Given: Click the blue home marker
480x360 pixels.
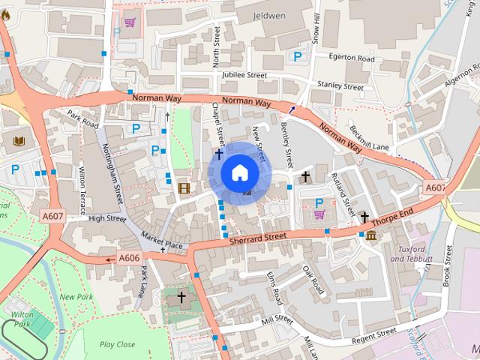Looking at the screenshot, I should click(x=238, y=172).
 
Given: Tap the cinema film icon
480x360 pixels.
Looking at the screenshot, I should click(x=184, y=187).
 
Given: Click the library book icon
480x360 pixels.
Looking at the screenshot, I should click(x=19, y=140).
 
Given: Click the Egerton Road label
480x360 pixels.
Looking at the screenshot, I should click(x=355, y=58).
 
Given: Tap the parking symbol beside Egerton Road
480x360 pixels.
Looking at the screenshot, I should click(x=298, y=56).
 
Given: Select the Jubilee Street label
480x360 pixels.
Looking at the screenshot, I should click(x=244, y=75).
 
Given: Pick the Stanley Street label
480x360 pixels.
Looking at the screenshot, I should click(x=340, y=85).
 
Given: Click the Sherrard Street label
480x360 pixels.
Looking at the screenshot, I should click(x=259, y=237).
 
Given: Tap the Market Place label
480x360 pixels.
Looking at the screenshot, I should click(x=163, y=244).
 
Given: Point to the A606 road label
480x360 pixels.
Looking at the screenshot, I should click(x=129, y=258).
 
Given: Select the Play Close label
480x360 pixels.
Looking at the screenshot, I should click(x=118, y=344).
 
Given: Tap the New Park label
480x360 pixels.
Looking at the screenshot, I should click(x=76, y=297).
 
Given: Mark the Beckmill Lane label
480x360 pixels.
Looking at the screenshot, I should click(x=369, y=137).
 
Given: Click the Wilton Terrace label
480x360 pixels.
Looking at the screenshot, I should click(x=82, y=191).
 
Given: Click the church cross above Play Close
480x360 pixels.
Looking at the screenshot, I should click(x=181, y=298).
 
